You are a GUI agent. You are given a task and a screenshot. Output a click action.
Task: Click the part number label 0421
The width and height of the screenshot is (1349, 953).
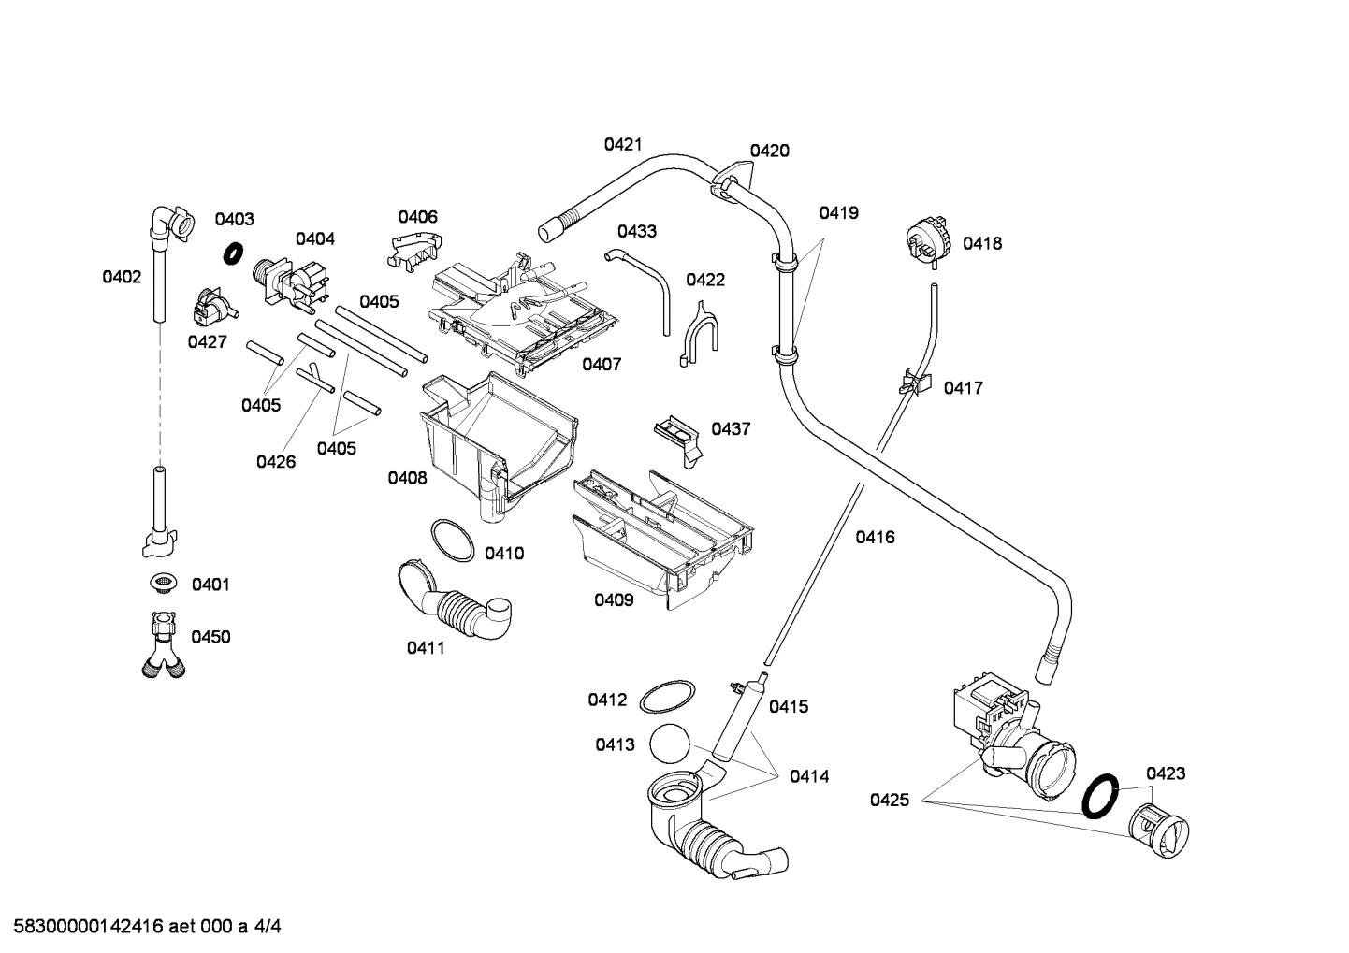tap(622, 144)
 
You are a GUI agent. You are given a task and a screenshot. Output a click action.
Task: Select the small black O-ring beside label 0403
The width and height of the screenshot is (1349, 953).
tap(234, 253)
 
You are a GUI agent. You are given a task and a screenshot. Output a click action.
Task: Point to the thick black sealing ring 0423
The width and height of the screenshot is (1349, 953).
tap(1101, 795)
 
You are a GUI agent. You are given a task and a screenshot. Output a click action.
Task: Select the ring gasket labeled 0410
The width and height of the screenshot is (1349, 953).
tap(452, 541)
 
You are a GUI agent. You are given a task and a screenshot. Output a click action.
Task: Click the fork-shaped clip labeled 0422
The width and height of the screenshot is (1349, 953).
tap(697, 332)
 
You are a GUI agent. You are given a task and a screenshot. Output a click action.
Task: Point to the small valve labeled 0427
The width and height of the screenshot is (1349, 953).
tap(212, 307)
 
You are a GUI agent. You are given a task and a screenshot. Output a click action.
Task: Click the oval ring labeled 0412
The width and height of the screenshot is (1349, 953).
tap(667, 697)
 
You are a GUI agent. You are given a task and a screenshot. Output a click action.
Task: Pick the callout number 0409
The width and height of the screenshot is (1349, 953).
tap(614, 600)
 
